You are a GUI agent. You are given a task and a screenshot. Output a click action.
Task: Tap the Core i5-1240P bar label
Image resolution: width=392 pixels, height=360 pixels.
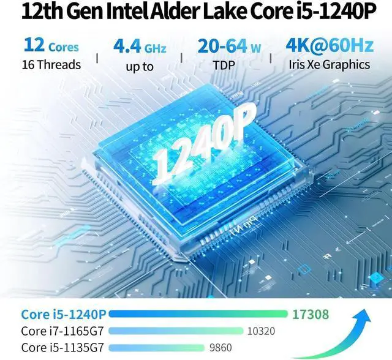[64, 315]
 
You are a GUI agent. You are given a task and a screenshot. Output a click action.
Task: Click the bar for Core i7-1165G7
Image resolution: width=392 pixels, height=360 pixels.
[177, 331]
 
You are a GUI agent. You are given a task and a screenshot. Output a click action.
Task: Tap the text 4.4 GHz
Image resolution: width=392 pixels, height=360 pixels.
[140, 46]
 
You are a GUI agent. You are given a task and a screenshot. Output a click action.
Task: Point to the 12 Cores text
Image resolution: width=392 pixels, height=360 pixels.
[51, 46]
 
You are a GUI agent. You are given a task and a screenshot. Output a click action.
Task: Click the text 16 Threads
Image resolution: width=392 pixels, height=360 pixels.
[51, 64]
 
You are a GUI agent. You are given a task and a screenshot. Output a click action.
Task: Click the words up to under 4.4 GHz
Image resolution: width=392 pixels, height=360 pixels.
[140, 66]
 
